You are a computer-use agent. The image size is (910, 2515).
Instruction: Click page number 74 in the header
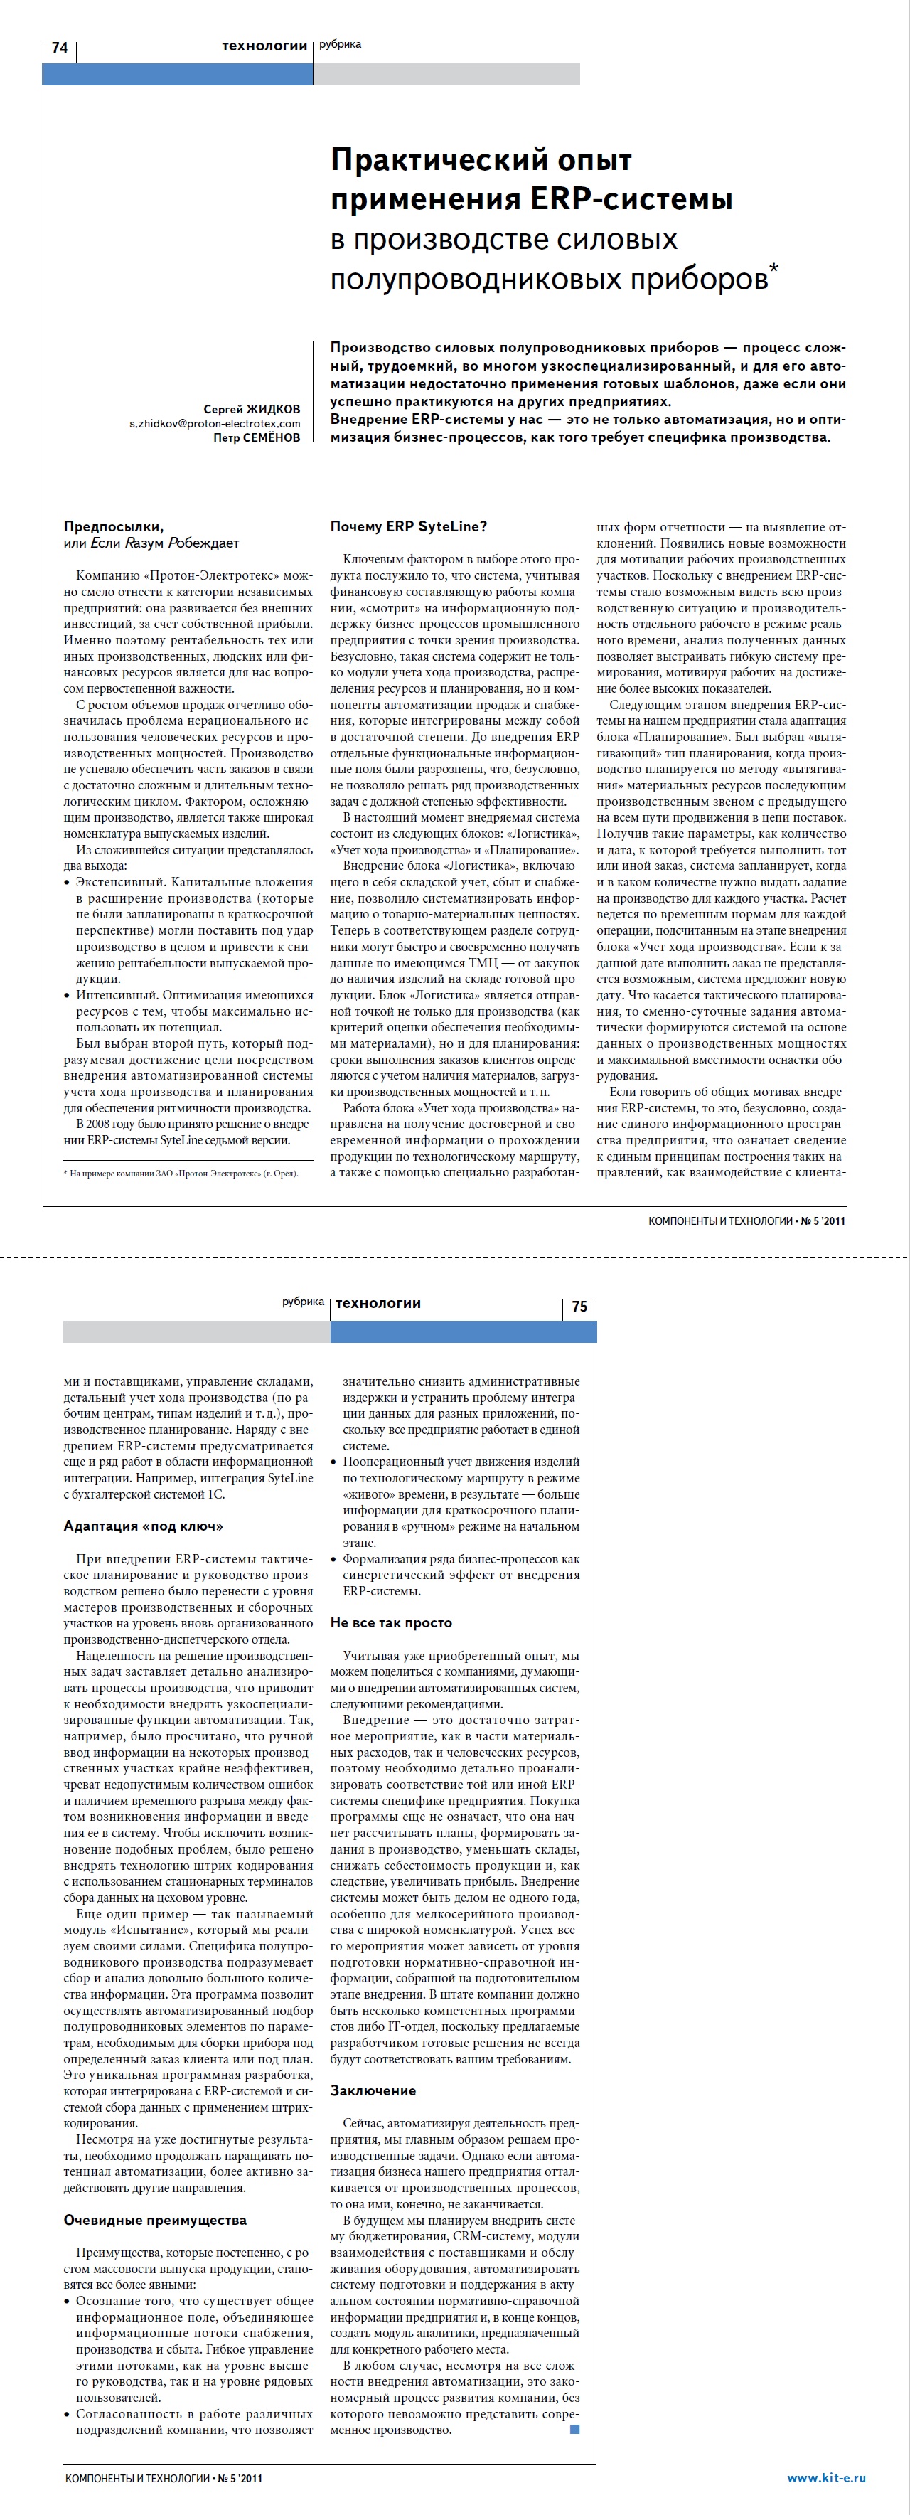[60, 47]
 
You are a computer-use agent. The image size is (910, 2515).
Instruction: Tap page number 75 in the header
[579, 1307]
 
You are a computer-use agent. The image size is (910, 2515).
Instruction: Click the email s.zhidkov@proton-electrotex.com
[215, 424]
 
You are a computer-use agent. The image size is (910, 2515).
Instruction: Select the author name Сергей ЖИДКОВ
[252, 409]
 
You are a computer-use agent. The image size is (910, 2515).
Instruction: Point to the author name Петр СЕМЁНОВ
[257, 438]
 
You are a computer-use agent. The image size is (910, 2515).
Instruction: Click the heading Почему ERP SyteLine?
[408, 526]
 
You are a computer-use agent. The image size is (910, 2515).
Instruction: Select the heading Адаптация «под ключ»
[143, 1526]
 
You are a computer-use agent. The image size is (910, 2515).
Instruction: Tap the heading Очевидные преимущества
[154, 2220]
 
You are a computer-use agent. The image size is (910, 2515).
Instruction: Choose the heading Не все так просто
[390, 1622]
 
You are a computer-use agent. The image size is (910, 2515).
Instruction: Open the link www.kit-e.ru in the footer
[826, 2477]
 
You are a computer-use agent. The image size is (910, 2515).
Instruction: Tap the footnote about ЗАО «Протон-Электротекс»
[181, 1174]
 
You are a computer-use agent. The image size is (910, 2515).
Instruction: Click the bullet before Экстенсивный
[68, 883]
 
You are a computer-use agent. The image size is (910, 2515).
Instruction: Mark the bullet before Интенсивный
[68, 996]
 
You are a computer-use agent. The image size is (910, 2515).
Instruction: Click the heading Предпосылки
[113, 526]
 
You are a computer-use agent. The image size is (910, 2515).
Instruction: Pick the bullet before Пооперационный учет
[334, 1462]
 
